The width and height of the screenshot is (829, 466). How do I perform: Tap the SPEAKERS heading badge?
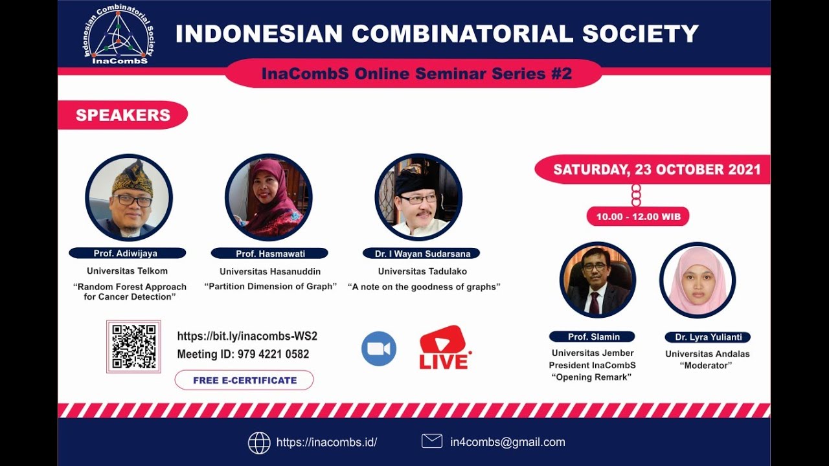tap(123, 115)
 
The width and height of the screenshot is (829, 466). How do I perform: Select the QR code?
tap(133, 346)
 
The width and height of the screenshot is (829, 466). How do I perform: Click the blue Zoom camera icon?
tap(379, 349)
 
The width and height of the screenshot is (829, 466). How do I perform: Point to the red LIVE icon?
tap(444, 348)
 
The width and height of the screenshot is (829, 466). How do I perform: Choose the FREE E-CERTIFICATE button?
tap(244, 380)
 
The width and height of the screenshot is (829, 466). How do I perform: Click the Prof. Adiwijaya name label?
tap(127, 253)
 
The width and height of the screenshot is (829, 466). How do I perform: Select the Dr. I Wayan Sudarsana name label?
tap(422, 254)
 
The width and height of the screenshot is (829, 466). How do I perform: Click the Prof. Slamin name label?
tap(592, 337)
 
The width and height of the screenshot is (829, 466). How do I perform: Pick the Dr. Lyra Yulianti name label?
tap(707, 337)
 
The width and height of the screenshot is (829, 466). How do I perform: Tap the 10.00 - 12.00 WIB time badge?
tap(638, 216)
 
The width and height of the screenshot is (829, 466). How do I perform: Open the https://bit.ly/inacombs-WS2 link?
tap(247, 336)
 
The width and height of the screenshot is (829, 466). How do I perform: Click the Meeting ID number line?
tap(243, 354)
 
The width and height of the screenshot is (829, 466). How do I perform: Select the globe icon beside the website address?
tap(259, 443)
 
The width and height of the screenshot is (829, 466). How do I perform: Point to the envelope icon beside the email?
tap(432, 441)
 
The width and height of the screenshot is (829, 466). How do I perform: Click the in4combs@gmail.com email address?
tap(507, 442)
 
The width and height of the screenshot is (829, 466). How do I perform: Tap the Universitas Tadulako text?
tap(422, 271)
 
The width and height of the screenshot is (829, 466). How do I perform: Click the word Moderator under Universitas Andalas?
tap(707, 366)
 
